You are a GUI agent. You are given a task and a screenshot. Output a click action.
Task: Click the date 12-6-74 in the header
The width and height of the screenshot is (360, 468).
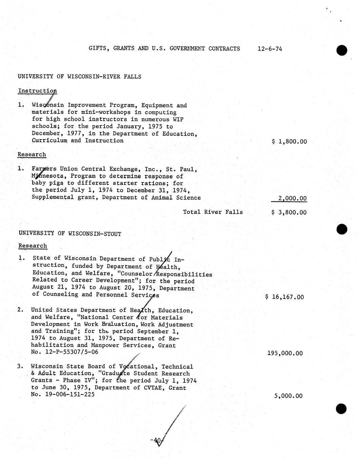[269, 48]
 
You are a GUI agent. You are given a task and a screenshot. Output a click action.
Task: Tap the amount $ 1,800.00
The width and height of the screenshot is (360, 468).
[289, 141]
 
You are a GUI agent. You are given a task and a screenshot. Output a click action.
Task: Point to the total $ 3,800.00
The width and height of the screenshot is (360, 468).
[289, 213]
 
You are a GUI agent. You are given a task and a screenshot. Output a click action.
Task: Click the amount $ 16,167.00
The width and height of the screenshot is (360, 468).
[285, 297]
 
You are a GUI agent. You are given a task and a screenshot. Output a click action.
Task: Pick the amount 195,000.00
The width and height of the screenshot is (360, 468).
[285, 353]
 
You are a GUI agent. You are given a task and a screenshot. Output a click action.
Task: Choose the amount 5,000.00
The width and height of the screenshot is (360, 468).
[288, 396]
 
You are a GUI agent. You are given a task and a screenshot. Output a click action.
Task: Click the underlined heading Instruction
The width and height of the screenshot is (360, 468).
[37, 91]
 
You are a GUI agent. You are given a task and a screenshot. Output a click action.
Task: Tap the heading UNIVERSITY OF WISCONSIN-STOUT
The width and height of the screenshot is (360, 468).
[70, 233]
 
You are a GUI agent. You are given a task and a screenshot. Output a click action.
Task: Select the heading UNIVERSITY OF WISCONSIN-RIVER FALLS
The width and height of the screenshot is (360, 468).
[80, 77]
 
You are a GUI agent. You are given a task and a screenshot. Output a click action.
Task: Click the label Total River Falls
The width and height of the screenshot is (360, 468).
[213, 212]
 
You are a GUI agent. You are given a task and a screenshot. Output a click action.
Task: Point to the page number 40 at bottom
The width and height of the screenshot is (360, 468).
[157, 440]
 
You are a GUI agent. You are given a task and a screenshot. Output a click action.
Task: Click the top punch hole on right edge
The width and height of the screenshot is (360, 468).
[342, 50]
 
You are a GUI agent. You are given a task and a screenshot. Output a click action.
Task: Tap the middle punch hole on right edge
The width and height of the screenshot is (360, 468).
[342, 229]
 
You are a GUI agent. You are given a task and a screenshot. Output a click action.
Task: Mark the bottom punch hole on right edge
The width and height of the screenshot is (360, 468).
[341, 409]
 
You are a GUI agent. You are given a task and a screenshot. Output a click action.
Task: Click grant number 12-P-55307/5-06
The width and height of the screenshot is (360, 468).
[72, 352]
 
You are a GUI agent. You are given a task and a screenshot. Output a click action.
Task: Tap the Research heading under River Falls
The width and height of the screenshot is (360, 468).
[32, 154]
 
